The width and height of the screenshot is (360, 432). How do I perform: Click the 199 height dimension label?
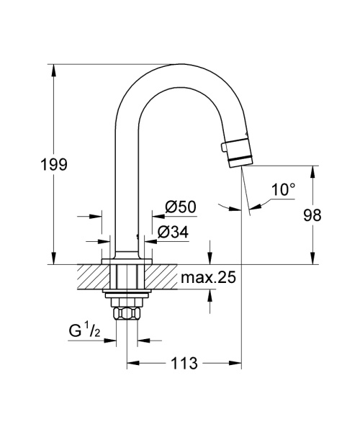[x=53, y=165]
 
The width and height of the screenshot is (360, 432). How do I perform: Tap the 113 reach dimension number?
[x=184, y=364]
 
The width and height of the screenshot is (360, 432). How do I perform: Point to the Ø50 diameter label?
[x=181, y=207]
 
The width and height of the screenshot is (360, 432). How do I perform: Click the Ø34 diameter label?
[x=173, y=232]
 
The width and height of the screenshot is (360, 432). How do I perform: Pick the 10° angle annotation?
[x=283, y=190]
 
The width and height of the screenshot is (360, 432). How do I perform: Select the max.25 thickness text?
[x=208, y=278]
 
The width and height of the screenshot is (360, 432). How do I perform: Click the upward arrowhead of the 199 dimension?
[x=53, y=69]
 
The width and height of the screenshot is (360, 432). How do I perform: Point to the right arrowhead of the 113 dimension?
[x=237, y=364]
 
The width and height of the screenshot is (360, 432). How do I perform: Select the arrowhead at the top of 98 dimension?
[x=312, y=171]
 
